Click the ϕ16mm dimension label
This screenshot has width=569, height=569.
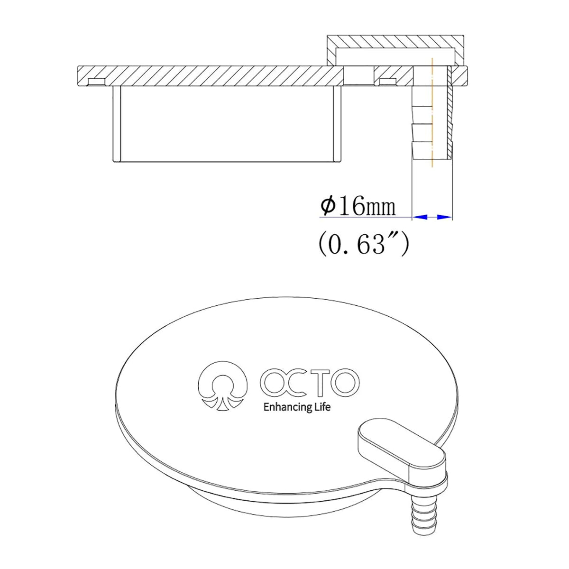[x=358, y=207]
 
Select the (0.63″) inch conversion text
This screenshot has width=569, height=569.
[x=363, y=244]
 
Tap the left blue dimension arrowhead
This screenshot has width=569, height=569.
[x=421, y=217]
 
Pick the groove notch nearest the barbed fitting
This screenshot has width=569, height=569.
[x=388, y=82]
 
